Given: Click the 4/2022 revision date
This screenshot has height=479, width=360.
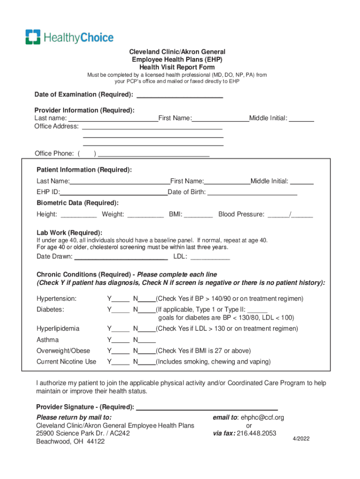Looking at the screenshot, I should tap(301, 439).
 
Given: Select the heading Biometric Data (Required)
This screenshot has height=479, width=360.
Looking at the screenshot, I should tap(78, 203).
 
